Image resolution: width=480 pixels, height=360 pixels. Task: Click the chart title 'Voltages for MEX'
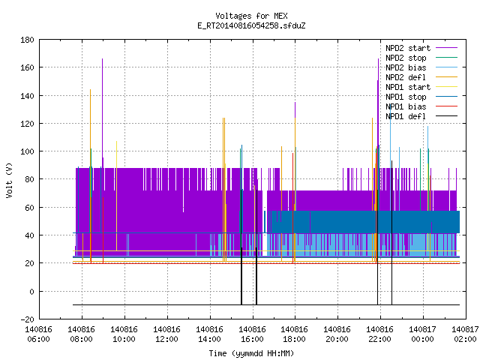click(251, 16)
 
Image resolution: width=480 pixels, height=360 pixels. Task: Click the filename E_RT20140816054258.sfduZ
click(251, 25)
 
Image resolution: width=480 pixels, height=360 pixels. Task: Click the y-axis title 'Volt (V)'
click(9, 180)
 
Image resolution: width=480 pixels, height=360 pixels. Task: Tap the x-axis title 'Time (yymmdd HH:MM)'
click(251, 353)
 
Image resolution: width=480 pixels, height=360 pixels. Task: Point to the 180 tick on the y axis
click(27, 40)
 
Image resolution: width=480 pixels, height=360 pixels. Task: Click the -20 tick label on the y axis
click(27, 319)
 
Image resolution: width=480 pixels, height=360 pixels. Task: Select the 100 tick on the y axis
click(27, 151)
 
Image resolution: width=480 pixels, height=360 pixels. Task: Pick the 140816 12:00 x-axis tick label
click(166, 334)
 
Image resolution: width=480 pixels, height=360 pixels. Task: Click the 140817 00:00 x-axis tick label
click(423, 334)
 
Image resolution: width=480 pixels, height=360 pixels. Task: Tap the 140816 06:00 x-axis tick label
click(38, 334)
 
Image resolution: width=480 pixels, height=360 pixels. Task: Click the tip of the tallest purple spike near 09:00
click(102, 58)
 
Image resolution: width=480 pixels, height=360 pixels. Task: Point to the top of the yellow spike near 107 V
click(116, 142)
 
